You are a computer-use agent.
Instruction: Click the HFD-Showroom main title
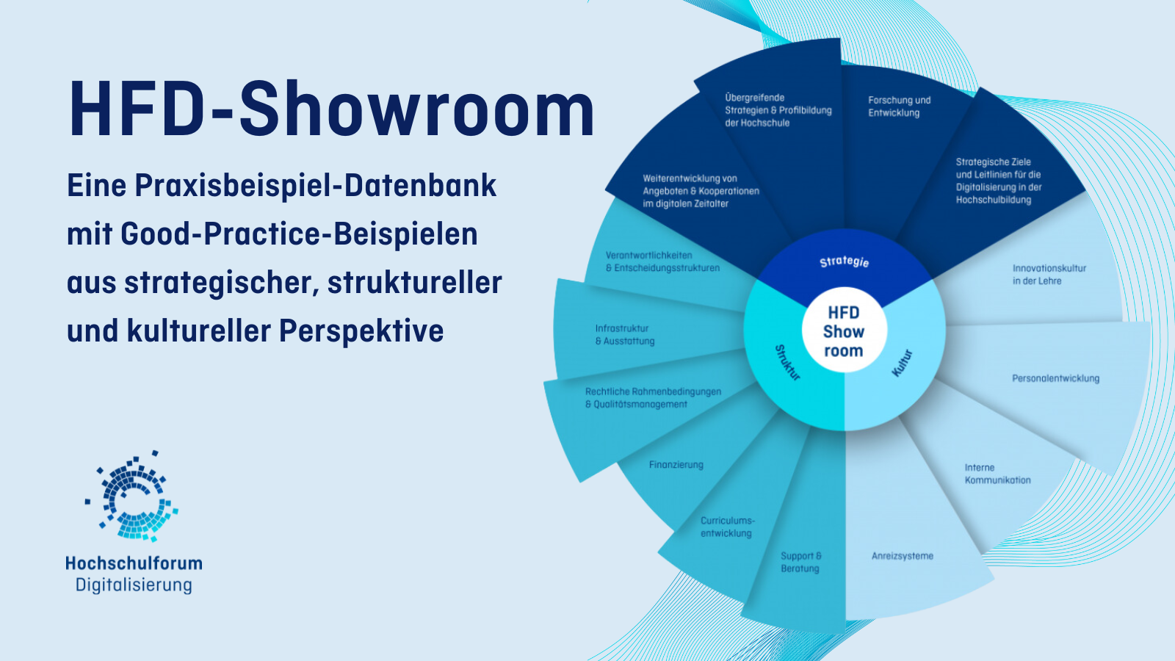pyautogui.click(x=331, y=110)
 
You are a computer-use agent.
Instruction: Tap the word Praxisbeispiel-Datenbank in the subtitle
pyautogui.click(x=315, y=186)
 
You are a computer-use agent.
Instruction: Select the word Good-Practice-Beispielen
pyautogui.click(x=299, y=234)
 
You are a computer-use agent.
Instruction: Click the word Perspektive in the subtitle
pyautogui.click(x=361, y=330)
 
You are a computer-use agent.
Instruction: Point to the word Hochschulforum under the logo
pyautogui.click(x=134, y=563)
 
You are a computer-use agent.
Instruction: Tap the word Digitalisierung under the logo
pyautogui.click(x=134, y=585)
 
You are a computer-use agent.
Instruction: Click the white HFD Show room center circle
pyautogui.click(x=843, y=331)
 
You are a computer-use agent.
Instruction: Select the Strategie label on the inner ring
pyautogui.click(x=845, y=261)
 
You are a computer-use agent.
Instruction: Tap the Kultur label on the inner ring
pyautogui.click(x=902, y=363)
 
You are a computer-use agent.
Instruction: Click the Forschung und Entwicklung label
pyautogui.click(x=899, y=106)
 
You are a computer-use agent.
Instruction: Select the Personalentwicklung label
pyautogui.click(x=1055, y=378)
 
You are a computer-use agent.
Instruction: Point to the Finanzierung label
pyautogui.click(x=676, y=465)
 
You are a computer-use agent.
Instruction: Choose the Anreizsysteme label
pyautogui.click(x=902, y=556)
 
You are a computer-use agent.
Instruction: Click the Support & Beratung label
pyautogui.click(x=800, y=562)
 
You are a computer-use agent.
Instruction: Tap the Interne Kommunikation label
pyautogui.click(x=997, y=474)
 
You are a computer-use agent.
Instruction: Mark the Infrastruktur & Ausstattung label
pyautogui.click(x=624, y=335)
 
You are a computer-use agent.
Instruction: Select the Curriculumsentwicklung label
pyautogui.click(x=726, y=527)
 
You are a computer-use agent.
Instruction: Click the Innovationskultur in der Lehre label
pyautogui.click(x=1049, y=275)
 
